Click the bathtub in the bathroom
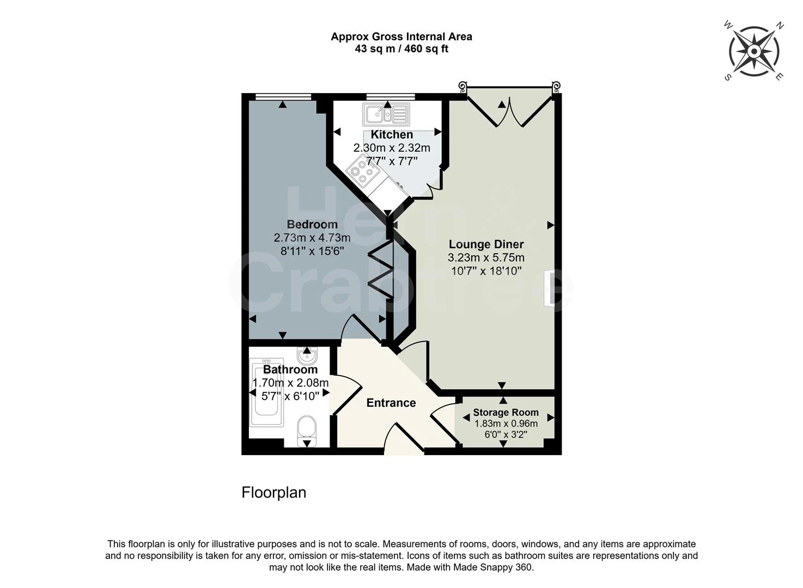(x=266, y=392)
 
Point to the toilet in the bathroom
(x=307, y=430)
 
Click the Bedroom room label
(x=312, y=224)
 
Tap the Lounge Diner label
(x=486, y=244)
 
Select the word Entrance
(x=391, y=403)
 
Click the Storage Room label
(x=506, y=413)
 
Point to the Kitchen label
(x=392, y=134)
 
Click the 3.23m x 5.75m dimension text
(x=486, y=258)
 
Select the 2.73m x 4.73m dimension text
(x=312, y=238)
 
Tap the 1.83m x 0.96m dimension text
(x=506, y=424)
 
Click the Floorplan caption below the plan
(x=273, y=493)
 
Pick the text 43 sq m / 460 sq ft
(x=401, y=49)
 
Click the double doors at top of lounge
(x=509, y=112)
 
